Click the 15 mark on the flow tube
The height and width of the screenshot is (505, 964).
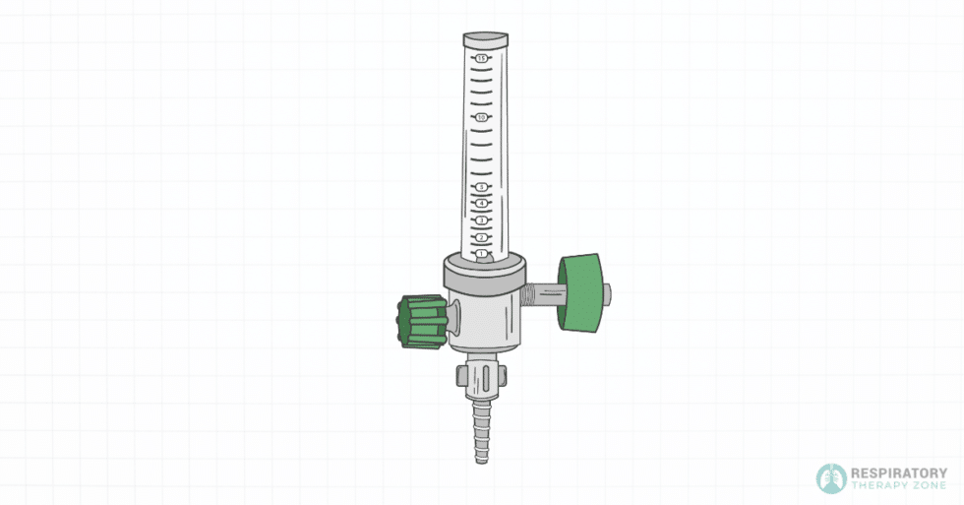click(x=481, y=59)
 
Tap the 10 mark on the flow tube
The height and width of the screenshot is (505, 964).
click(x=481, y=117)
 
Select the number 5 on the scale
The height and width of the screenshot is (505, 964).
click(x=481, y=187)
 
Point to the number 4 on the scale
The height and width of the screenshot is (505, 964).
click(x=481, y=204)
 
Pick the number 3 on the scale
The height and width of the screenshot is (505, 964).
click(x=481, y=221)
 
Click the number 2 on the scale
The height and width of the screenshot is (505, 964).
click(x=481, y=237)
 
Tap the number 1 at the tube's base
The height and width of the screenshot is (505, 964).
click(x=481, y=254)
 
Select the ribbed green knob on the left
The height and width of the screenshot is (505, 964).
click(x=421, y=322)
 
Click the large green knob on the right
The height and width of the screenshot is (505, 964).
click(x=580, y=293)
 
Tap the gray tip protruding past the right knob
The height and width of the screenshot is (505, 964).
click(x=606, y=292)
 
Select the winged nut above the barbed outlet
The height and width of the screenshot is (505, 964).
click(x=481, y=377)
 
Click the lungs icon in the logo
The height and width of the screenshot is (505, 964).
click(x=831, y=478)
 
